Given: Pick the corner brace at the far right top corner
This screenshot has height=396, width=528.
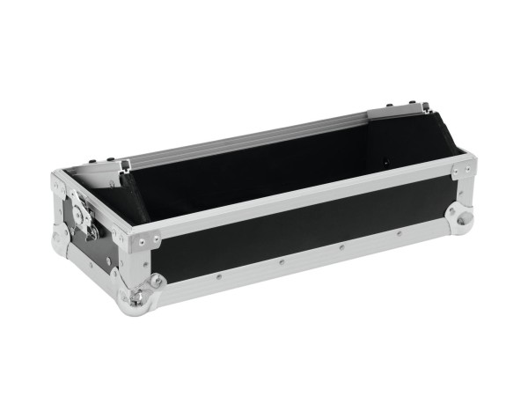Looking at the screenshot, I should click(x=463, y=166).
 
